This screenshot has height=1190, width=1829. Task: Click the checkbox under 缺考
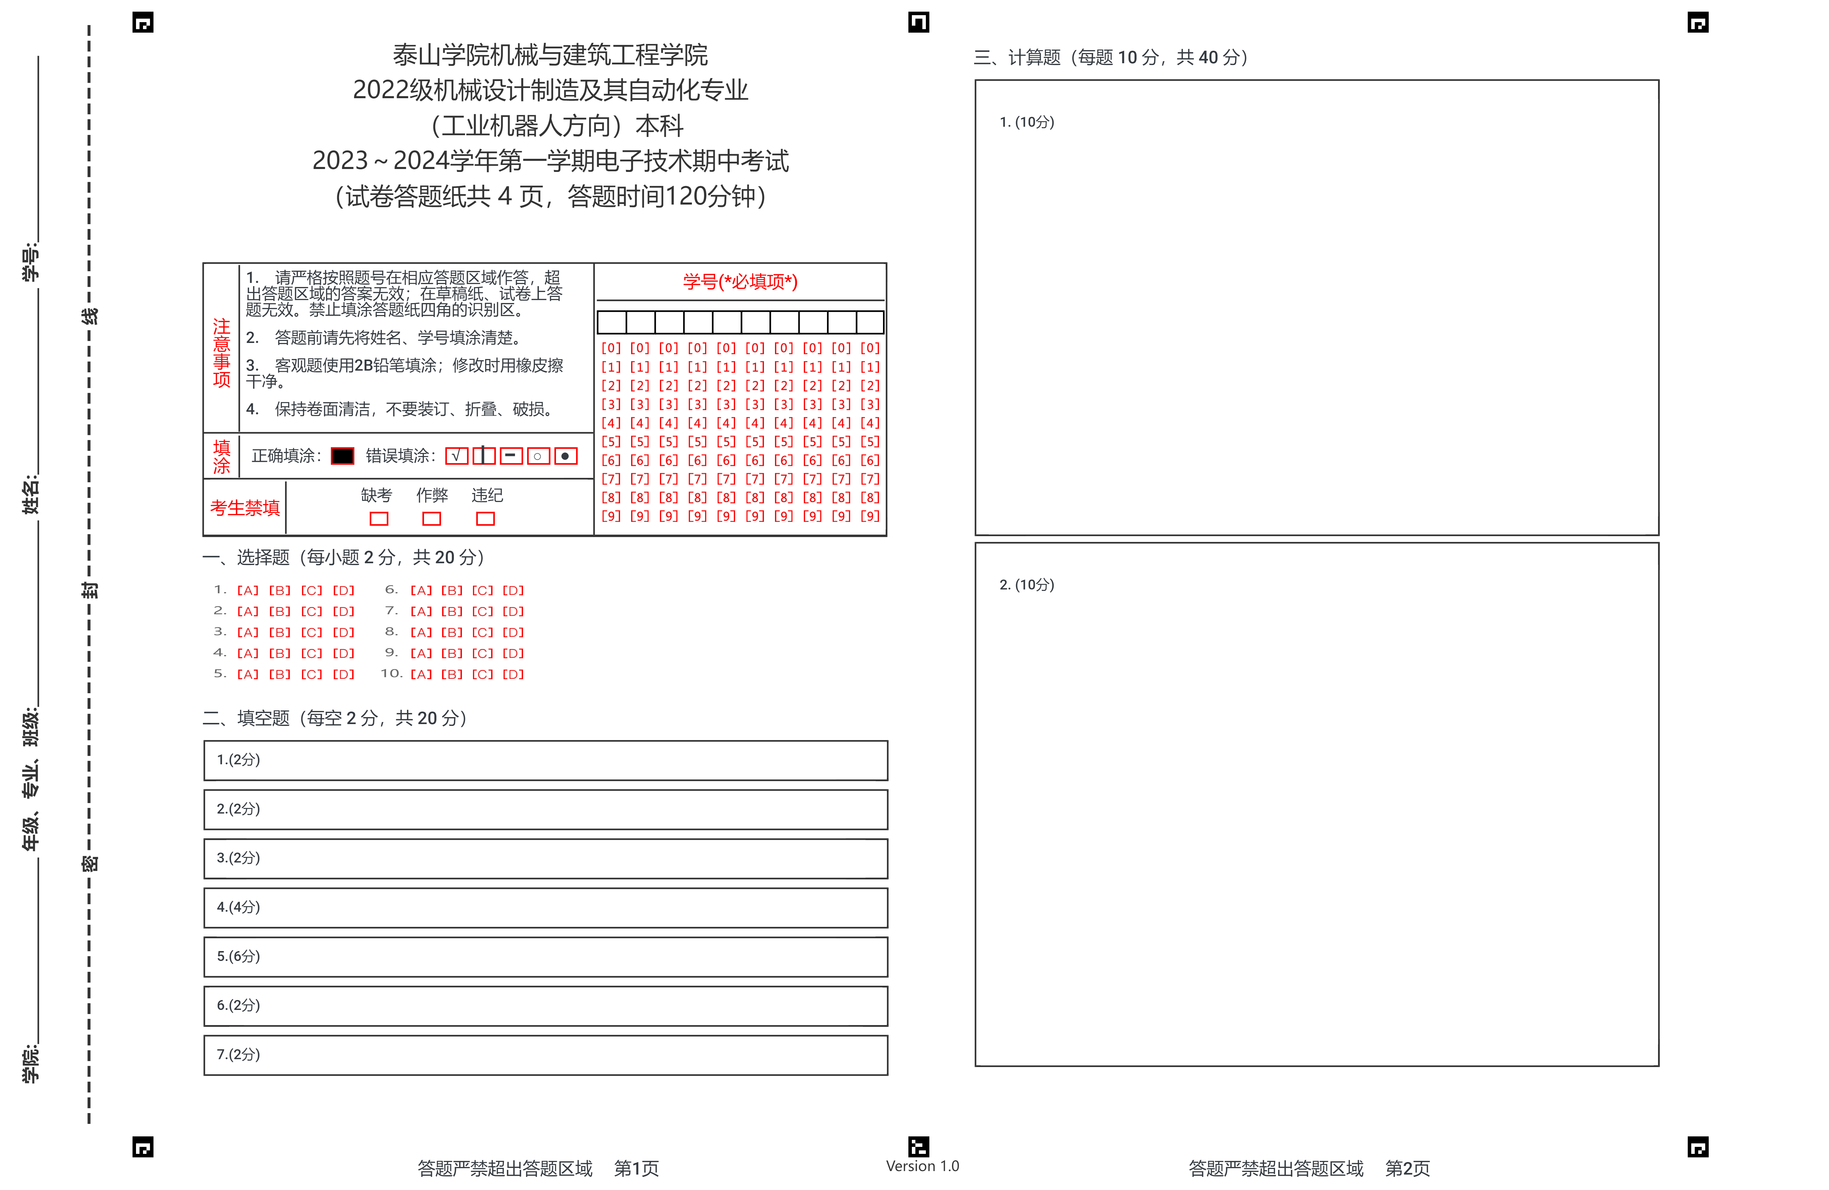coord(379,519)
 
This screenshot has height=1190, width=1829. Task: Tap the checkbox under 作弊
coord(432,519)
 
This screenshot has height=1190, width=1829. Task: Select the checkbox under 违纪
coord(486,519)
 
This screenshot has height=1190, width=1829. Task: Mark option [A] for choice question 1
coord(248,590)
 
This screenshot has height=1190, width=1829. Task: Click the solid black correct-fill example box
coord(343,456)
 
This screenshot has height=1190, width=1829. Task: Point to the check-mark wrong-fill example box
coord(456,456)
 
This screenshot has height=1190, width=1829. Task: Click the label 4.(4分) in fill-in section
coord(238,907)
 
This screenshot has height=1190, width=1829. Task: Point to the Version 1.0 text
coord(922,1166)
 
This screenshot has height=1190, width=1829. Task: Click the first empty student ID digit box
coord(612,322)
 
